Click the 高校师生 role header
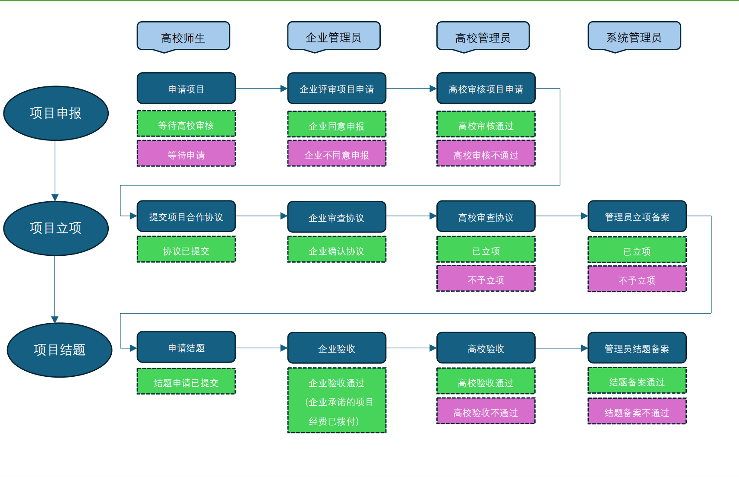183,37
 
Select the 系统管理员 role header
634,37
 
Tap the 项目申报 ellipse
56,113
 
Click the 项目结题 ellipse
60,350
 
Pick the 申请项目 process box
186,89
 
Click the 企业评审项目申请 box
337,89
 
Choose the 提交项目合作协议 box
186,216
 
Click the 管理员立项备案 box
637,216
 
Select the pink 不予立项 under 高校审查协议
486,279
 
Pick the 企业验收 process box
337,348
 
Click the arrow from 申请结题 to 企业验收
261,348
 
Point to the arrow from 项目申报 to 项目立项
55,171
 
